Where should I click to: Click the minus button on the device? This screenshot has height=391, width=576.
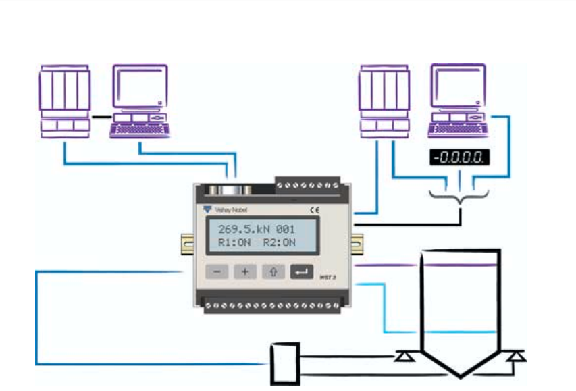[x=217, y=272]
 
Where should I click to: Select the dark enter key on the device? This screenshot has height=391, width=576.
[x=302, y=272]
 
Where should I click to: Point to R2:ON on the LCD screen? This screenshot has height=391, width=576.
[x=280, y=242]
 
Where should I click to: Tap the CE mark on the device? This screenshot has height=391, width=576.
[x=313, y=210]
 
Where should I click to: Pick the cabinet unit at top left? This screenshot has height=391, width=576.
[x=64, y=101]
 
